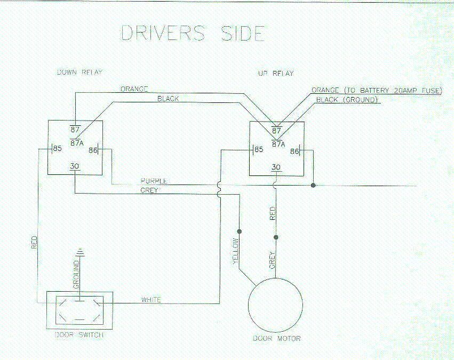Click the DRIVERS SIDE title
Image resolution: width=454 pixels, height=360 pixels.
click(193, 33)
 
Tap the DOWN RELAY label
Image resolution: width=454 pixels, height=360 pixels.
click(79, 72)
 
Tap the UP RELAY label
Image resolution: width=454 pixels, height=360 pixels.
click(276, 74)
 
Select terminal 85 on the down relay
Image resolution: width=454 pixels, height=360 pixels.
click(57, 149)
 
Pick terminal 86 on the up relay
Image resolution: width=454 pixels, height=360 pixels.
click(294, 152)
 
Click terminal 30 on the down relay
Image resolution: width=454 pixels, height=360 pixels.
click(75, 166)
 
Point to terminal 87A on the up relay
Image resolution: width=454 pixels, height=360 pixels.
click(278, 143)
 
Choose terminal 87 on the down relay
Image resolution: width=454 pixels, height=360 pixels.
click(75, 129)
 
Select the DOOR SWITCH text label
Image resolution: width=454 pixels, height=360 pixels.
click(79, 335)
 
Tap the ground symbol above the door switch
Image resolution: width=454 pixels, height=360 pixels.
click(80, 251)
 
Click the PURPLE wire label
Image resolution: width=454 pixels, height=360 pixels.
click(154, 181)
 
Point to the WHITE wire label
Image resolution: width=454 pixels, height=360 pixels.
click(151, 300)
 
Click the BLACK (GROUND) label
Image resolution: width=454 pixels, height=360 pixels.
click(347, 100)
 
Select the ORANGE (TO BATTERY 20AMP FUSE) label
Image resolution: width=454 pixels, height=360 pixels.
click(377, 91)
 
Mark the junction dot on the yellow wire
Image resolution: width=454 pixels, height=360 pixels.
click(240, 231)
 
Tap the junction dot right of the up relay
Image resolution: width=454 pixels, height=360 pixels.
click(313, 186)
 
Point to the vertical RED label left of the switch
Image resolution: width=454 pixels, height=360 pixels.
click(34, 243)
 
